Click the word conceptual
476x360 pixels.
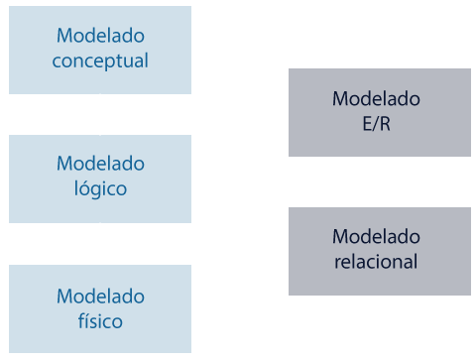pyautogui.click(x=100, y=60)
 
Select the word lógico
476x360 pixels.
pyautogui.click(x=100, y=188)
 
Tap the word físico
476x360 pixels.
pyautogui.click(x=100, y=321)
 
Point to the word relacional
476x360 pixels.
pyautogui.click(x=376, y=262)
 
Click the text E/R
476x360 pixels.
pyautogui.click(x=376, y=124)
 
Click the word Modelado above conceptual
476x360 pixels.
pyautogui.click(x=100, y=36)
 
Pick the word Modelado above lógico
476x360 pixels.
pyautogui.click(x=100, y=164)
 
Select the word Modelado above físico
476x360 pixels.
pyautogui.click(x=100, y=297)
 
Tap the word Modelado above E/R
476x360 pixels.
pyautogui.click(x=376, y=99)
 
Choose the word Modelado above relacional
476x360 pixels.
pyautogui.click(x=376, y=237)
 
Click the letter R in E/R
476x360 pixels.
pyautogui.click(x=385, y=124)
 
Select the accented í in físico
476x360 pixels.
pyautogui.click(x=87, y=320)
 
